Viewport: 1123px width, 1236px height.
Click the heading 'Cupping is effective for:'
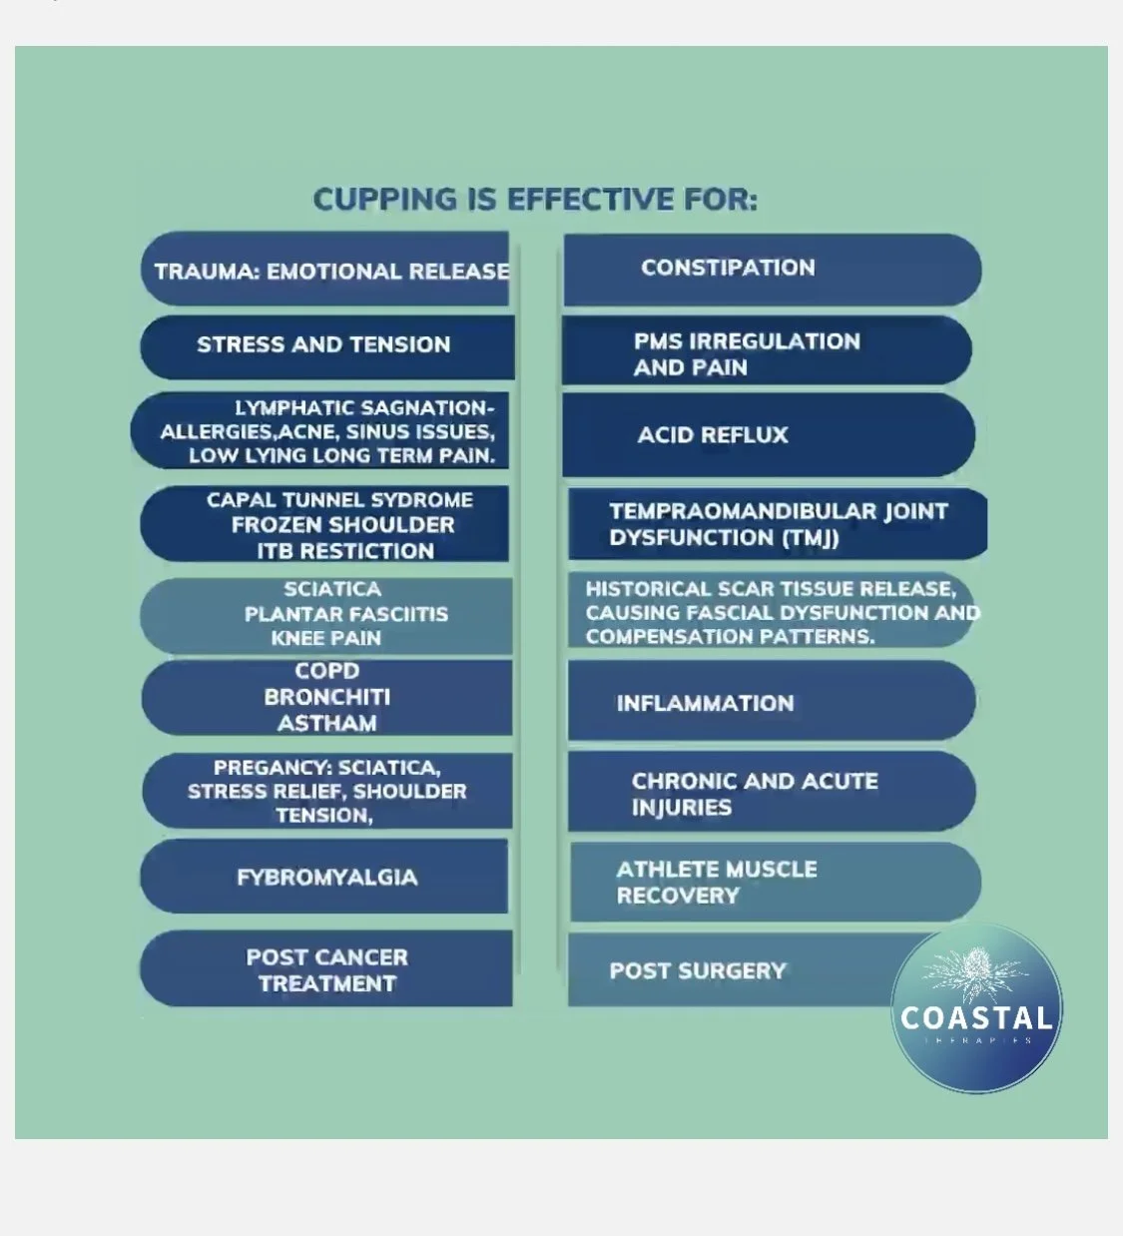[x=535, y=199]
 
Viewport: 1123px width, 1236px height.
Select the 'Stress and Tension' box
[x=326, y=345]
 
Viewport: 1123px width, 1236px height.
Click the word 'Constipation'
[x=728, y=268]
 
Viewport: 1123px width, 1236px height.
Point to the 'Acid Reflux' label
[x=713, y=435]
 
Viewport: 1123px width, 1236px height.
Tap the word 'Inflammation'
[x=705, y=703]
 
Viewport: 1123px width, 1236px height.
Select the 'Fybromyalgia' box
[x=325, y=877]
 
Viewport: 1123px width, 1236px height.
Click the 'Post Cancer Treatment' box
[x=326, y=969]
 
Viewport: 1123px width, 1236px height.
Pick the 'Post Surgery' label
[x=698, y=970]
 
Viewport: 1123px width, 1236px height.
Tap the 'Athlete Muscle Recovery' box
[x=773, y=883]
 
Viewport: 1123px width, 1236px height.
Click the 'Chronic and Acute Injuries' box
[x=771, y=794]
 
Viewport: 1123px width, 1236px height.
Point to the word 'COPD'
[x=326, y=671]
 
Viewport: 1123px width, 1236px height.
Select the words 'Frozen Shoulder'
[x=342, y=525]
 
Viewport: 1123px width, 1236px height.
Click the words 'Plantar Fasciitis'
[x=345, y=614]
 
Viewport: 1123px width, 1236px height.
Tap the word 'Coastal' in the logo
[x=976, y=1018]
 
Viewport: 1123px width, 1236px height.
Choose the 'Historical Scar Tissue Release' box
[x=771, y=612]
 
